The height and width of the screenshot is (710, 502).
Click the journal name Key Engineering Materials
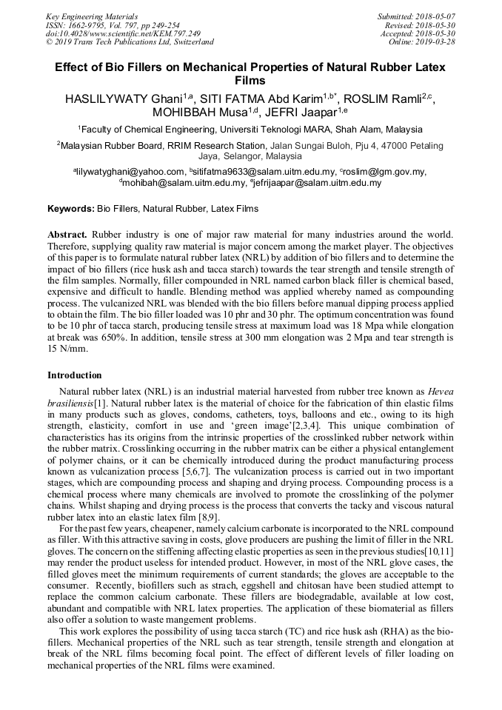91,16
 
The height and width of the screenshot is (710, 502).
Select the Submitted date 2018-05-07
436,16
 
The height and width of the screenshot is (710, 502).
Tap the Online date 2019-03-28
437,42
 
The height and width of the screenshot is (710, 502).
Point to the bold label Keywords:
71,210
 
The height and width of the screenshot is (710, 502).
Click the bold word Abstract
68,235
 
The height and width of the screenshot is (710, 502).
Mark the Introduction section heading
75,375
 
